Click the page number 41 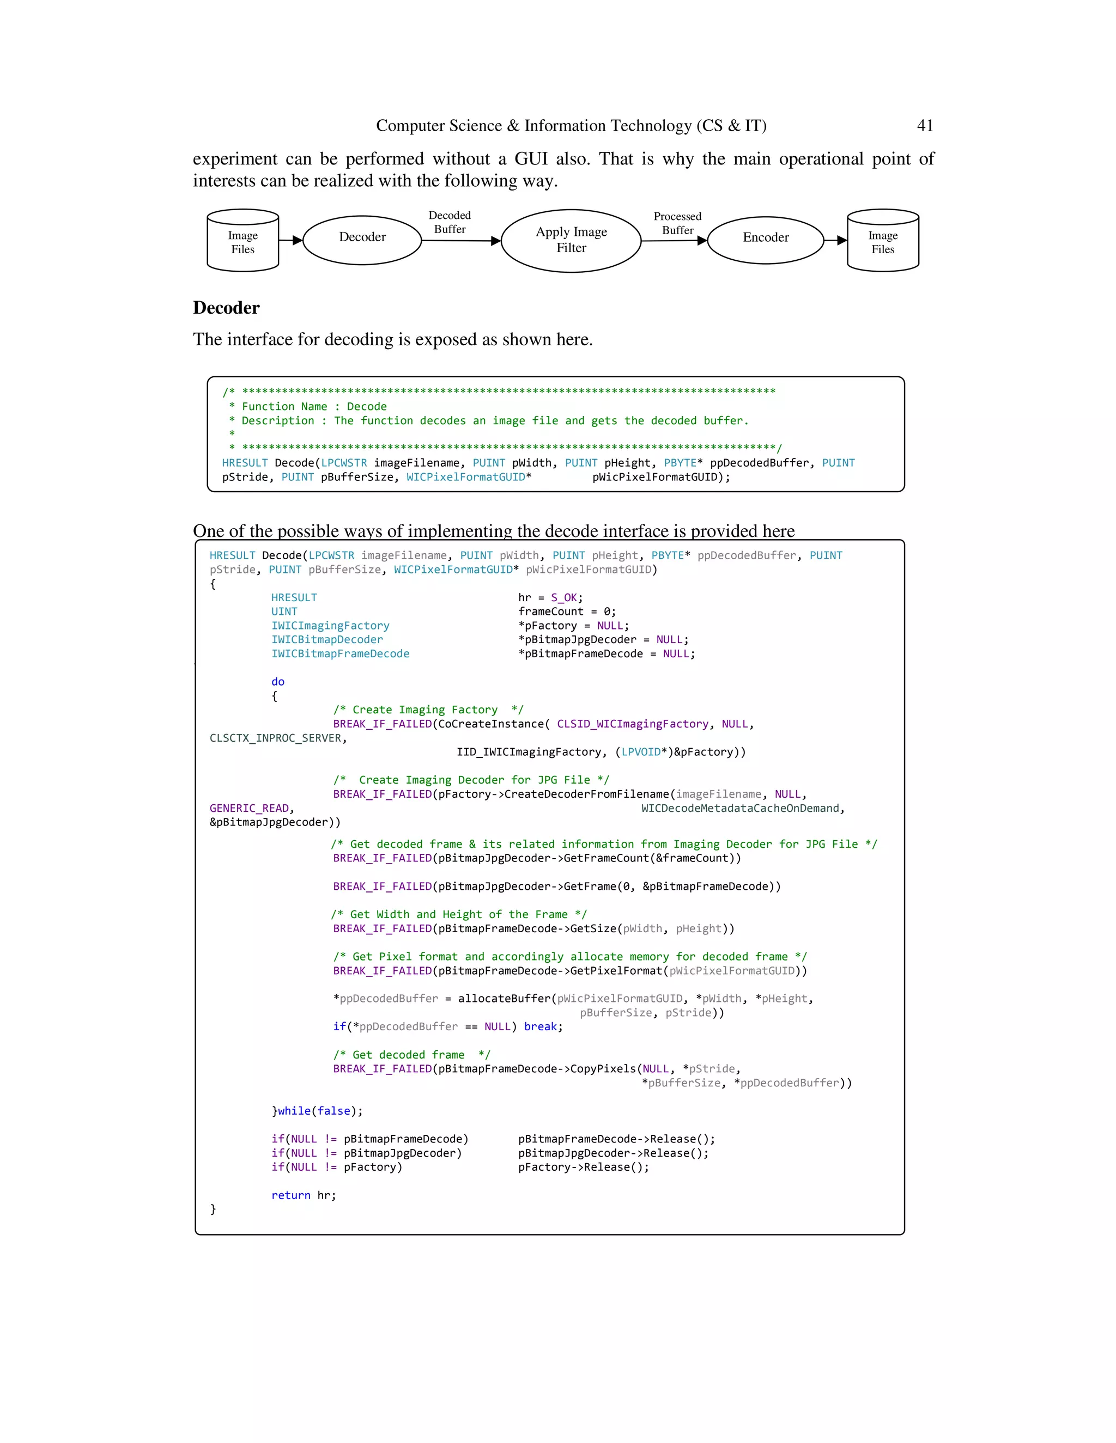pyautogui.click(x=924, y=126)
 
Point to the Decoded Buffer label pyautogui.click(x=450, y=222)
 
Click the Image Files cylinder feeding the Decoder pyautogui.click(x=242, y=242)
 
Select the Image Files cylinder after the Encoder pyautogui.click(x=883, y=242)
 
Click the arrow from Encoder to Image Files pyautogui.click(x=836, y=241)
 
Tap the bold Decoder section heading pyautogui.click(x=226, y=308)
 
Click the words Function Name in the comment pyautogui.click(x=284, y=406)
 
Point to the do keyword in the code pyautogui.click(x=278, y=681)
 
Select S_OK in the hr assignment pyautogui.click(x=564, y=597)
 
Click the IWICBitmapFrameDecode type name pyautogui.click(x=340, y=653)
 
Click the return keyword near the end pyautogui.click(x=290, y=1195)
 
